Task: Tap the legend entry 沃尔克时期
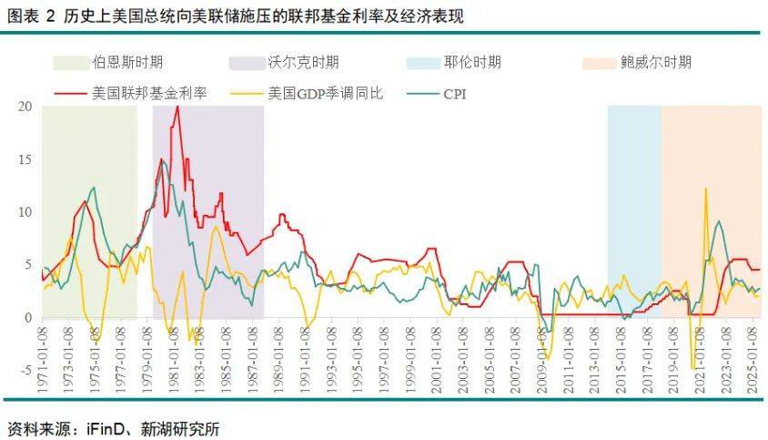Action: point(303,62)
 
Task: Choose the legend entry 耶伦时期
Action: point(472,62)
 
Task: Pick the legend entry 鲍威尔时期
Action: point(655,62)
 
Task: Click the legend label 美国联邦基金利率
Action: point(149,92)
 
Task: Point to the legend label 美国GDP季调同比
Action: point(326,92)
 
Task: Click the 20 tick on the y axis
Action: point(25,107)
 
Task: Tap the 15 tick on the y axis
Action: point(25,159)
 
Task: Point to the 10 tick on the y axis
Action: point(25,212)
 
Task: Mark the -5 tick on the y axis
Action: point(26,371)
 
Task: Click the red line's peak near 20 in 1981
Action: point(177,107)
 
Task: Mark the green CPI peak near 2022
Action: point(719,221)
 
